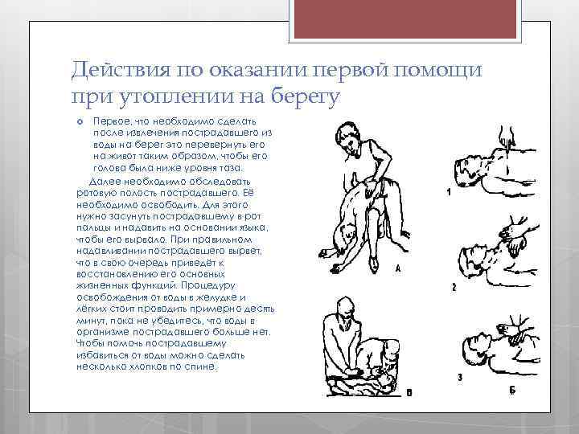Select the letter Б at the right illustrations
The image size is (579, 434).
click(511, 390)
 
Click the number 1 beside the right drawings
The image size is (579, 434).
click(447, 192)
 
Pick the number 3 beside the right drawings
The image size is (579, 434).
click(458, 375)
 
